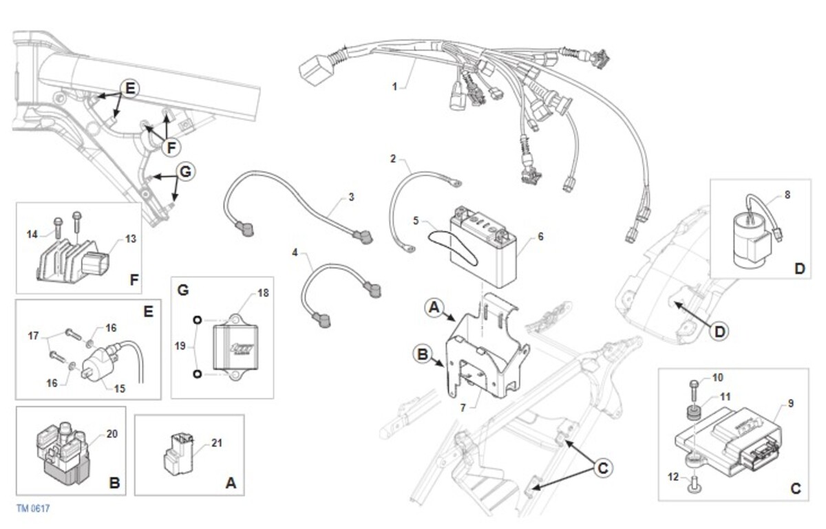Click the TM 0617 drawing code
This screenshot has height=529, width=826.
pos(33,509)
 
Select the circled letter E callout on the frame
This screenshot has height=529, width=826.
pos(130,89)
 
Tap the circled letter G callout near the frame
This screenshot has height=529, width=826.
pos(185,172)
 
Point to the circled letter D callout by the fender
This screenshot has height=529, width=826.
pos(719,332)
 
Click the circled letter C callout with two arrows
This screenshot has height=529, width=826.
pos(602,468)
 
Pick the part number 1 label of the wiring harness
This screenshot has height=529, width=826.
pos(394,87)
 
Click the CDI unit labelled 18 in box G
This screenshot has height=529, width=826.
pos(235,347)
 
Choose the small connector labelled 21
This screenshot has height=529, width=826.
pos(178,455)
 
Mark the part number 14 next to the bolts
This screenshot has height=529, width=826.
pos(32,235)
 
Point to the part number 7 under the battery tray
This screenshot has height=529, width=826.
pos(463,408)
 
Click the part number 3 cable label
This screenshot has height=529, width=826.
pos(351,197)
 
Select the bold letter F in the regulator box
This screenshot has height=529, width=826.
pos(134,280)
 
